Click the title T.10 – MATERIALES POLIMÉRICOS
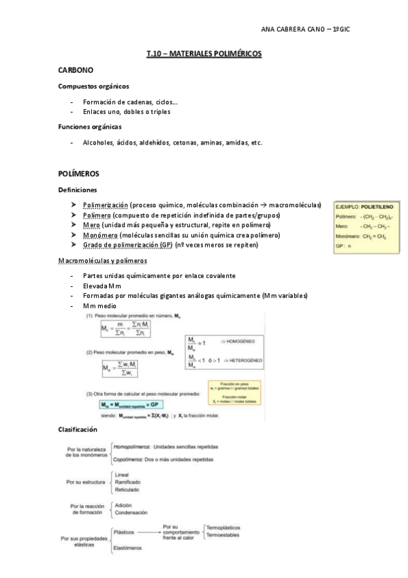(204, 52)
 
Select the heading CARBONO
(76, 70)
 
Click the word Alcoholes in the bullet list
(99, 142)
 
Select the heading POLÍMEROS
(78, 174)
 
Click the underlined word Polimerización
(105, 205)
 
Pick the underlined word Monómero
(101, 235)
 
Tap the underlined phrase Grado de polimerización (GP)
(127, 245)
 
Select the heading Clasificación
(79, 429)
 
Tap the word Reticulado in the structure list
(127, 489)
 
